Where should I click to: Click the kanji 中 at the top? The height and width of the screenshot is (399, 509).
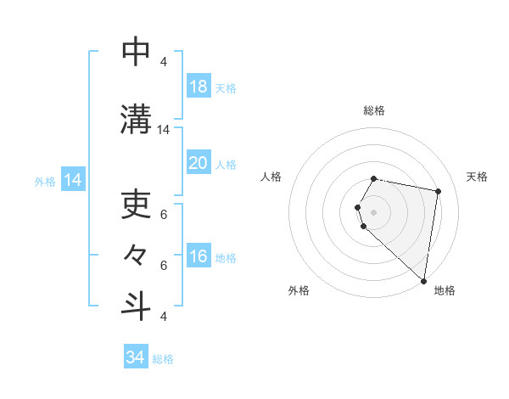pyautogui.click(x=136, y=52)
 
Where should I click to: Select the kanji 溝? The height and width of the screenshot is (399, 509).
pyautogui.click(x=136, y=120)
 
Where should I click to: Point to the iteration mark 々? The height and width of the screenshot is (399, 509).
pyautogui.click(x=136, y=254)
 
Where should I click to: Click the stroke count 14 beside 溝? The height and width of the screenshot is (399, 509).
pyautogui.click(x=164, y=130)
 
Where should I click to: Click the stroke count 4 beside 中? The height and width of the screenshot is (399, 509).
pyautogui.click(x=164, y=62)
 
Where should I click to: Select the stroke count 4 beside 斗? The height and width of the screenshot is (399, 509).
pyautogui.click(x=164, y=316)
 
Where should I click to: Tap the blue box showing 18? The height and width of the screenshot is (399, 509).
pyautogui.click(x=198, y=87)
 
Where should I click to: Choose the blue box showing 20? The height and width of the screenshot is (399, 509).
pyautogui.click(x=198, y=163)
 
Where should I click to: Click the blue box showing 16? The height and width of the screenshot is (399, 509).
pyautogui.click(x=198, y=256)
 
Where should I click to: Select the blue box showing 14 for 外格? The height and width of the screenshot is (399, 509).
pyautogui.click(x=72, y=180)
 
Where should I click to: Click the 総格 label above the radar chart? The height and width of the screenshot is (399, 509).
pyautogui.click(x=374, y=110)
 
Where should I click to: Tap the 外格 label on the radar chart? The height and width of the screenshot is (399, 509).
pyautogui.click(x=299, y=290)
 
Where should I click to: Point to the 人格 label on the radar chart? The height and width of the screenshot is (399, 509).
pyautogui.click(x=271, y=177)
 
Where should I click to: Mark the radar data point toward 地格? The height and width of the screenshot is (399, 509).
pyautogui.click(x=423, y=280)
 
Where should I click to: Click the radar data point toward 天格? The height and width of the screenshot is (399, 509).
pyautogui.click(x=438, y=192)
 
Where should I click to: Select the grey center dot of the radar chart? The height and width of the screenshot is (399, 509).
pyautogui.click(x=374, y=212)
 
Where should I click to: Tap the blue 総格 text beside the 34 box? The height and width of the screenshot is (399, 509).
pyautogui.click(x=163, y=359)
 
